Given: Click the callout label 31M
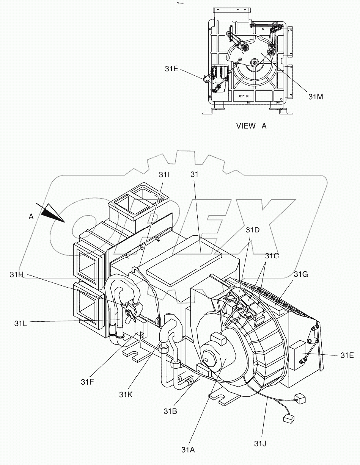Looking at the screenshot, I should click(315, 97).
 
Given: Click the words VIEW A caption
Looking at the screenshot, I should click(251, 126).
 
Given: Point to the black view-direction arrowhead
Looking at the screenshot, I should click(53, 213).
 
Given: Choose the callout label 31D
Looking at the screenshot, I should click(253, 230).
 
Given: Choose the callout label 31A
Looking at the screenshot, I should click(188, 450).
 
